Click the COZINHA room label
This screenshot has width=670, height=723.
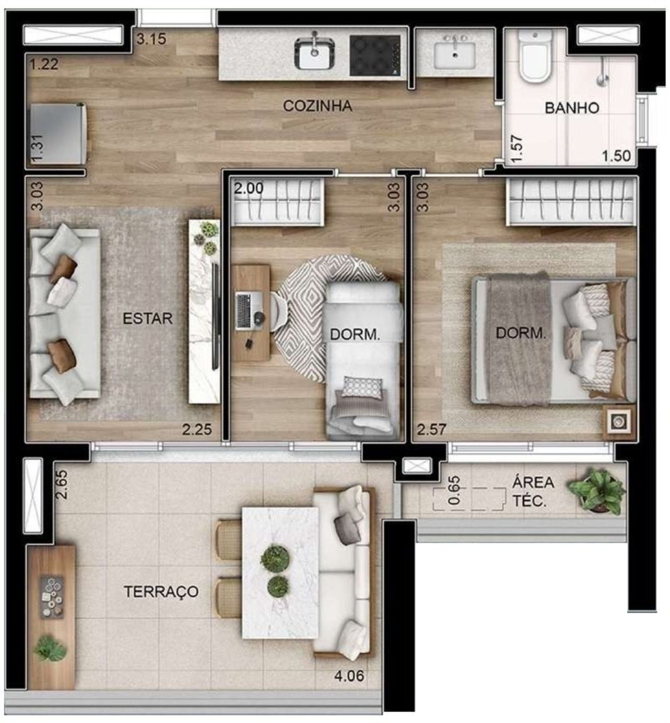317,106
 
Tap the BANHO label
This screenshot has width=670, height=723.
571,108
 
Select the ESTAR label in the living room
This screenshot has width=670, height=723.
147,318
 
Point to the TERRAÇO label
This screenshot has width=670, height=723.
161,591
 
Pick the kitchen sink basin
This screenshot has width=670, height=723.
314,55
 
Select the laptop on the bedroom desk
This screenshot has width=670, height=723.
243,311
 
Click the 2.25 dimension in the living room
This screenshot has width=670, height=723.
196,430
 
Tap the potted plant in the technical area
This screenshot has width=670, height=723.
597,489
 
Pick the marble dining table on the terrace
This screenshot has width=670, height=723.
280,572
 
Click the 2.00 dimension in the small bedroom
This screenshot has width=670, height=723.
249,188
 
